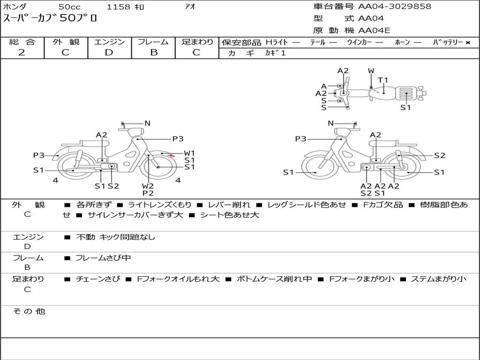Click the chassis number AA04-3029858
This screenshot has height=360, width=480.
395,7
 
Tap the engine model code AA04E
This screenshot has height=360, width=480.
374,30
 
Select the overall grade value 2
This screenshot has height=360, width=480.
22,52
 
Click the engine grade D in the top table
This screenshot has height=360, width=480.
109,52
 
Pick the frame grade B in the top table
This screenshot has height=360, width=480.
154,52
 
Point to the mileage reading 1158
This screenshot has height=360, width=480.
119,7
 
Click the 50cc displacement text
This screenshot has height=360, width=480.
70,7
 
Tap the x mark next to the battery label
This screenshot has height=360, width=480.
468,43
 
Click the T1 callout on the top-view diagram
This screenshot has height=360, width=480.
382,80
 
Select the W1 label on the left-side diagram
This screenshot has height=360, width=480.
189,153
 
